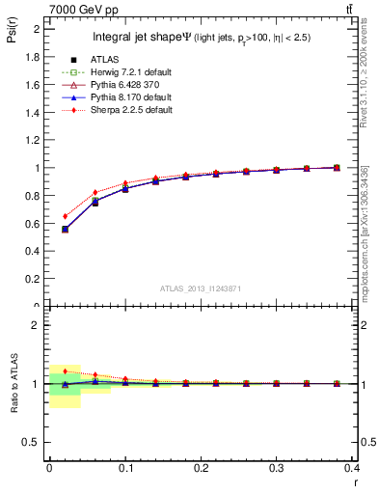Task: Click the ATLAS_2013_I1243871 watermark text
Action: click(200, 289)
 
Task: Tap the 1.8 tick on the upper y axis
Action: click(34, 57)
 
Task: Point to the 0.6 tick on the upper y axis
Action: click(34, 224)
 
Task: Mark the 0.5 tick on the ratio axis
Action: click(34, 442)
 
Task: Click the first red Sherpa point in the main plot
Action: click(65, 216)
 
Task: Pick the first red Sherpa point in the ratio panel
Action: click(65, 370)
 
